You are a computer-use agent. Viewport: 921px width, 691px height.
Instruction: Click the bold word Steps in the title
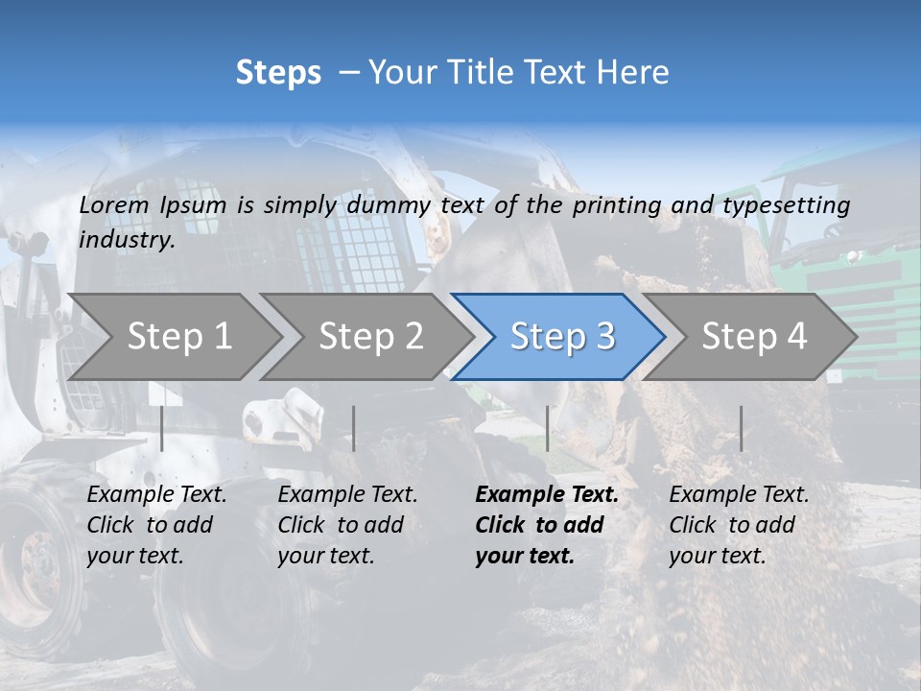[278, 73]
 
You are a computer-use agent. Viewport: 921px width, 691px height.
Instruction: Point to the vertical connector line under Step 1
[162, 428]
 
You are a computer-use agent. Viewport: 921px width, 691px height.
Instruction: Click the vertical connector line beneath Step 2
[354, 428]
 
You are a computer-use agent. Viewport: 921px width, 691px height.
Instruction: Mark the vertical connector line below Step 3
[548, 428]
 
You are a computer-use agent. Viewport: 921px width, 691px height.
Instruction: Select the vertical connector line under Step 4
[741, 428]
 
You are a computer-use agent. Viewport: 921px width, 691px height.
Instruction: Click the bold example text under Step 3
[547, 525]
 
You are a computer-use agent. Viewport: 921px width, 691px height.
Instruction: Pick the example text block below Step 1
[157, 525]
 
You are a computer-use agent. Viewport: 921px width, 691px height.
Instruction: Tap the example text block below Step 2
[347, 525]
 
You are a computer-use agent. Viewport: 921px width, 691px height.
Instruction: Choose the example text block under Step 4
[739, 525]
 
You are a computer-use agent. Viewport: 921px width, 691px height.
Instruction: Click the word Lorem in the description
[114, 205]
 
